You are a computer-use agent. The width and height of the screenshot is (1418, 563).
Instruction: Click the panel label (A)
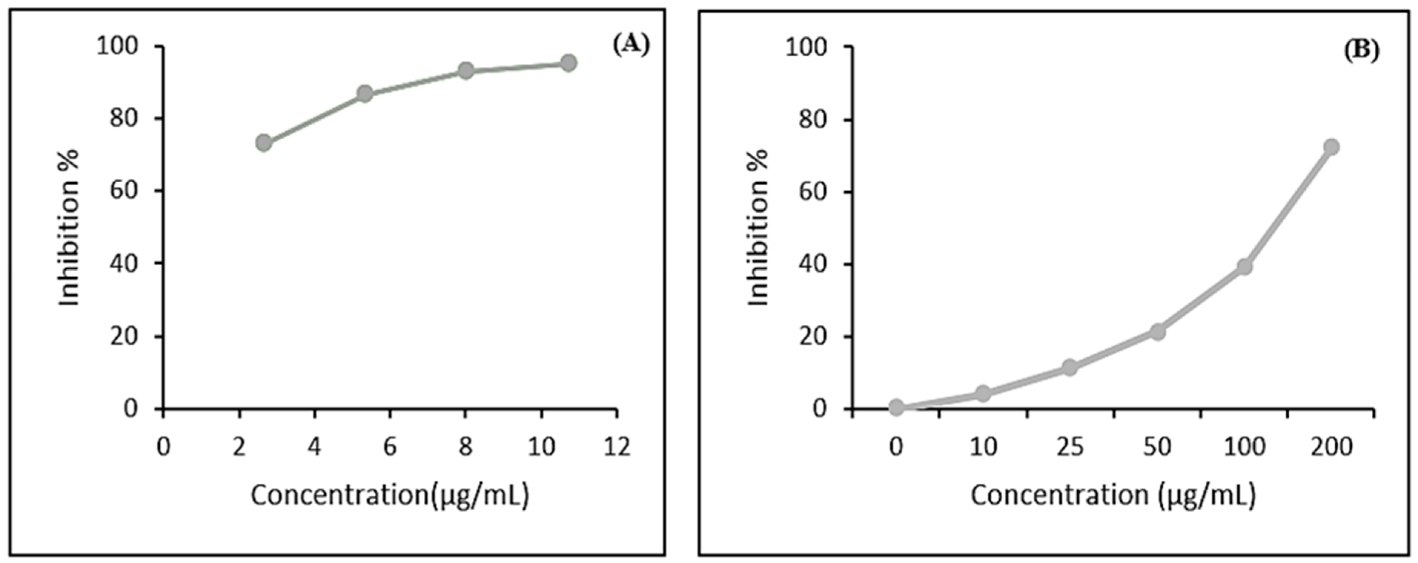[631, 44]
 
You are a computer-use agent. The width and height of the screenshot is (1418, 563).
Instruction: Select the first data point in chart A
[264, 143]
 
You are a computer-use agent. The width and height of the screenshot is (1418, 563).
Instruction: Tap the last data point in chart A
[568, 63]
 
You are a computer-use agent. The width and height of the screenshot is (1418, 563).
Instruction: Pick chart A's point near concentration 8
[466, 70]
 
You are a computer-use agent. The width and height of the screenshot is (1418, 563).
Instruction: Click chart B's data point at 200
[1331, 147]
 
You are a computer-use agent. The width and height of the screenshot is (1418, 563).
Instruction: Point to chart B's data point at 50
[1158, 332]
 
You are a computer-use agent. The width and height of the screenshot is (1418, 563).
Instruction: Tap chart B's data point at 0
[896, 407]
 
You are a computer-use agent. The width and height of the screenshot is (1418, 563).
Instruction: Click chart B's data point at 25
[1070, 367]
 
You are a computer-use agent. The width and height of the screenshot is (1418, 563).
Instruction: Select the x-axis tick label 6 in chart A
[390, 447]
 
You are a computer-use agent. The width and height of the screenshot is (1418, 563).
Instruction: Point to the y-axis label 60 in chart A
[123, 191]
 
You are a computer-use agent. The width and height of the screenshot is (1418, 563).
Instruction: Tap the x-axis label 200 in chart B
[1331, 447]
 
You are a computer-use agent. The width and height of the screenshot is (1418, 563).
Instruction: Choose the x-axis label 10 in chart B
[982, 447]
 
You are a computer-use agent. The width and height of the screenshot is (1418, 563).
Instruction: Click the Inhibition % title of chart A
[70, 227]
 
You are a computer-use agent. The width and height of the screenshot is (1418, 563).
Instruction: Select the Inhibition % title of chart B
[758, 227]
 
